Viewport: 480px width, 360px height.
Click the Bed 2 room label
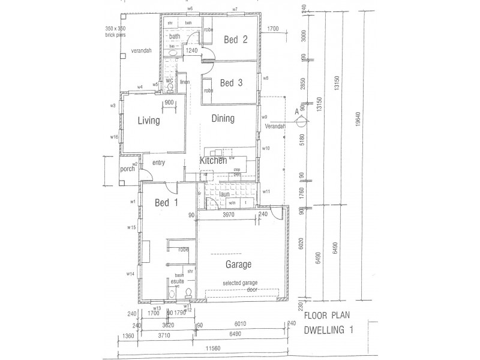[236, 40]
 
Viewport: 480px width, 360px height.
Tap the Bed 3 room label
[230, 83]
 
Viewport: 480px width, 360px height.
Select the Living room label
[148, 121]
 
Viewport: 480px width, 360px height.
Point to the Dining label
[223, 119]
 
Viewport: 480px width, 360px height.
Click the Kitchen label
[213, 161]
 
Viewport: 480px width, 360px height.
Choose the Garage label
[238, 264]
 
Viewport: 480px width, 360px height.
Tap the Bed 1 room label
[166, 202]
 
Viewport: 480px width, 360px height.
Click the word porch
[127, 169]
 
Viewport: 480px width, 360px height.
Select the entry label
[159, 163]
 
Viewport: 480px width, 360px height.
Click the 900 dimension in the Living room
[169, 103]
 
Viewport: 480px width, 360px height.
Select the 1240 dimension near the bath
[191, 51]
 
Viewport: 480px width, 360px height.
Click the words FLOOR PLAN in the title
[327, 316]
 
